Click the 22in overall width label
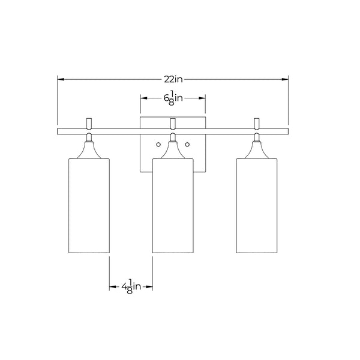[173, 79]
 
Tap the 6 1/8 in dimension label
[173, 98]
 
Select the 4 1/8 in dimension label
[131, 287]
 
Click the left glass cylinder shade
[89, 205]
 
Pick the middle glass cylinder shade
[173, 205]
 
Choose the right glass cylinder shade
[257, 205]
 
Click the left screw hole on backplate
[158, 145]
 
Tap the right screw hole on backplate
[187, 145]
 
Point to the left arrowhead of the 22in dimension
[61, 79]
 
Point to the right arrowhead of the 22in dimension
[285, 79]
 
